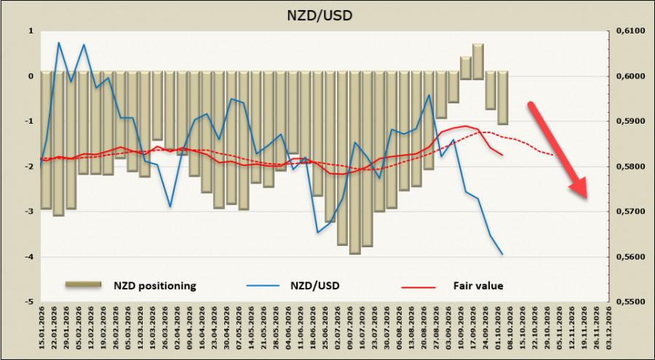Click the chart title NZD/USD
[x=319, y=15]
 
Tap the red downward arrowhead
[x=579, y=188]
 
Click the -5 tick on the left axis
[x=29, y=302]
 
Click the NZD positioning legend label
[x=155, y=286]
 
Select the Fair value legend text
[x=478, y=286]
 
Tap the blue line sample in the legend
[x=262, y=286]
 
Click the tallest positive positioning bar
[x=478, y=61]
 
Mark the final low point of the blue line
[x=502, y=255]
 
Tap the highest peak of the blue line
[x=58, y=42]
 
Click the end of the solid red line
[x=502, y=156]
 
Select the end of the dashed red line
[x=554, y=155]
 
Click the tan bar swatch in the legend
[x=83, y=284]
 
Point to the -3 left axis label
[x=29, y=212]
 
